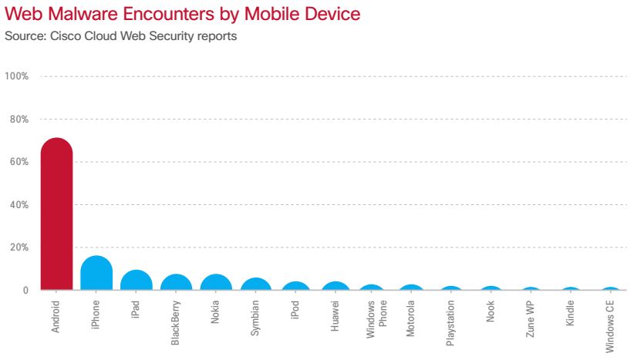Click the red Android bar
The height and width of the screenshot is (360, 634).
[x=56, y=216]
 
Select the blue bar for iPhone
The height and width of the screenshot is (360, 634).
[x=96, y=274]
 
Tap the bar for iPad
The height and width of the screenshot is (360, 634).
[x=137, y=281]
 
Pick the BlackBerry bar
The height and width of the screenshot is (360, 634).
[x=177, y=283]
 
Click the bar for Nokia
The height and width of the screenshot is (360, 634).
[x=217, y=283]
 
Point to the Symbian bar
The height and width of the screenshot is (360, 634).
[x=257, y=284]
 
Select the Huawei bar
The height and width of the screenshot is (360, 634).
[x=336, y=287]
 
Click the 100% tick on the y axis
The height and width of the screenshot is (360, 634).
[x=17, y=76]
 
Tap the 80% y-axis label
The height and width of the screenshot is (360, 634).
[x=19, y=119]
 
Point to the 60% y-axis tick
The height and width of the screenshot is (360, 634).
[x=19, y=162]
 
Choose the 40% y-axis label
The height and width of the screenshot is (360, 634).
[x=19, y=205]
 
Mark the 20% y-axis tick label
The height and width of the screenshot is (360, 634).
[x=19, y=247]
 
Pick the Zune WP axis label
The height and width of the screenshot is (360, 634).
[x=531, y=318]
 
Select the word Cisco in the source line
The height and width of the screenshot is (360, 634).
[x=55, y=35]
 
